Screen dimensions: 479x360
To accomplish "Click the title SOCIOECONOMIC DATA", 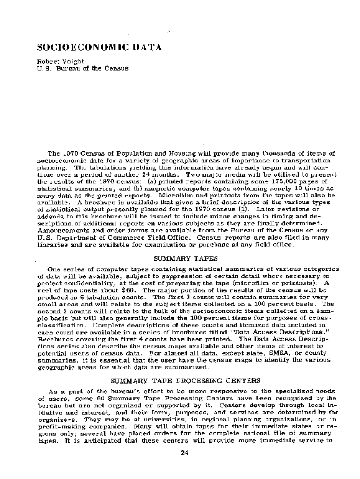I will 99,47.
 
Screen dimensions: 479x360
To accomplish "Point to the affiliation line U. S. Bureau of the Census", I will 82,68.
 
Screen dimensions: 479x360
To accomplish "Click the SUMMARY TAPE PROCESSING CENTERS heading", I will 186,381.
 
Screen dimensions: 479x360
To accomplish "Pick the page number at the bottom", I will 184,452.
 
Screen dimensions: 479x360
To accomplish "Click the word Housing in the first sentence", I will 178,153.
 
